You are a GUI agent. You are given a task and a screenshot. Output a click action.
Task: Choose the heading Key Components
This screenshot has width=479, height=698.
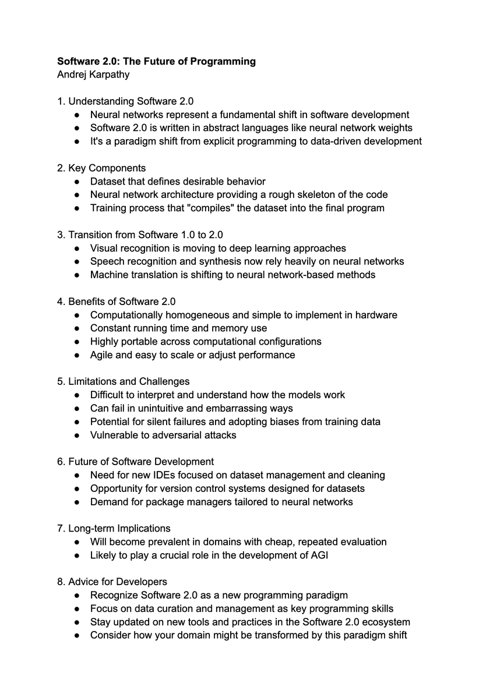point(107,168)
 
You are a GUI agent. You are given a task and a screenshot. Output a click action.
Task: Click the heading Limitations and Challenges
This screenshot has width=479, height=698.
point(129,381)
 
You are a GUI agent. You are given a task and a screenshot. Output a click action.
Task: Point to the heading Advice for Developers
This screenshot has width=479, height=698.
point(118,582)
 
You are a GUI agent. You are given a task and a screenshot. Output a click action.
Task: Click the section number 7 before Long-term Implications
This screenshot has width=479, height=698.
point(60,528)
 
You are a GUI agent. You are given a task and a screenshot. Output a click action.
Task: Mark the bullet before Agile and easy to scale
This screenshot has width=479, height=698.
point(78,355)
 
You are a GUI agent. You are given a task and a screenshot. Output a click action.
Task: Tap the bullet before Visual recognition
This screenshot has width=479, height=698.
point(78,249)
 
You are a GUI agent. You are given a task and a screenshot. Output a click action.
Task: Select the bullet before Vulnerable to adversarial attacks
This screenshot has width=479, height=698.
point(78,435)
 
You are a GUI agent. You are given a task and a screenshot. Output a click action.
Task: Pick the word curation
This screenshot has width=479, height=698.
point(159,608)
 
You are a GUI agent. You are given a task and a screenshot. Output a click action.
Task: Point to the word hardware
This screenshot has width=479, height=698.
point(376,315)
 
